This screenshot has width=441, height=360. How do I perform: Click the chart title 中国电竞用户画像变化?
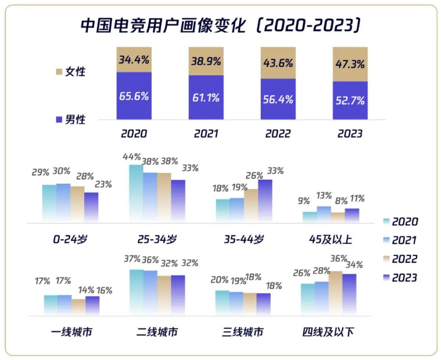pyautogui.click(x=163, y=25)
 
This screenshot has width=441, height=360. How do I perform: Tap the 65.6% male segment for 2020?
pyautogui.click(x=134, y=95)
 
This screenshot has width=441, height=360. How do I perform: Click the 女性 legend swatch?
pyautogui.click(x=60, y=72)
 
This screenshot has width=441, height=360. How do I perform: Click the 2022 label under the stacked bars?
pyautogui.click(x=278, y=134)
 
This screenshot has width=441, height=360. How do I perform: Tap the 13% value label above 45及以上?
pyautogui.click(x=324, y=196)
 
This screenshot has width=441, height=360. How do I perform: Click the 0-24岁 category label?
pyautogui.click(x=71, y=239)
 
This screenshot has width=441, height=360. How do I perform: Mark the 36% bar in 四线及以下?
pyautogui.click(x=335, y=292)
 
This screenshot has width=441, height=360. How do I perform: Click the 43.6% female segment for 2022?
pyautogui.click(x=278, y=63)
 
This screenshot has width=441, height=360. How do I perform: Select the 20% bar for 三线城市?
pyautogui.click(x=222, y=302)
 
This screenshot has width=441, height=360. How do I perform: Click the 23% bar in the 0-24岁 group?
pyautogui.click(x=92, y=206)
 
